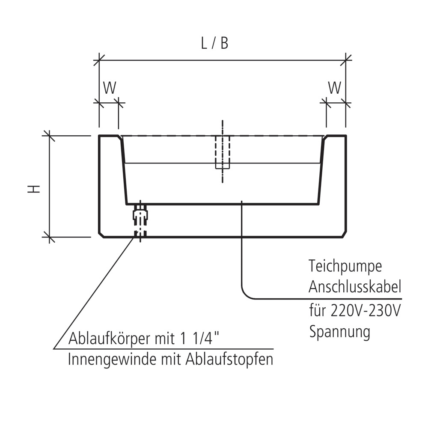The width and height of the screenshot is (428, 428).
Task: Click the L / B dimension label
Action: pyautogui.click(x=215, y=44)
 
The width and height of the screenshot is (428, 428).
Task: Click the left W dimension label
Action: pyautogui.click(x=110, y=88)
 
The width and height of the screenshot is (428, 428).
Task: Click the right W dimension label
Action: pyautogui.click(x=335, y=88)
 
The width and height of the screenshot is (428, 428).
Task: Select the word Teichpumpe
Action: pyautogui.click(x=345, y=267)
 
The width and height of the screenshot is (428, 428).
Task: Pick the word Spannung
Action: pyautogui.click(x=339, y=332)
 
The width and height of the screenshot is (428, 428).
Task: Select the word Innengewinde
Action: pyautogui.click(x=111, y=360)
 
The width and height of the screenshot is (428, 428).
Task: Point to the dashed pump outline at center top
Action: pyautogui.click(x=222, y=152)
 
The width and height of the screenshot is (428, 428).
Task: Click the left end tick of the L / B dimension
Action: pyautogui.click(x=99, y=60)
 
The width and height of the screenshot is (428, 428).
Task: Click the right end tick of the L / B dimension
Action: pyautogui.click(x=346, y=60)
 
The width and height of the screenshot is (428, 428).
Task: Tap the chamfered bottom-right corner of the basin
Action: pyautogui.click(x=344, y=234)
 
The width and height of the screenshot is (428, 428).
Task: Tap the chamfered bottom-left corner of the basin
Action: pyautogui.click(x=101, y=234)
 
